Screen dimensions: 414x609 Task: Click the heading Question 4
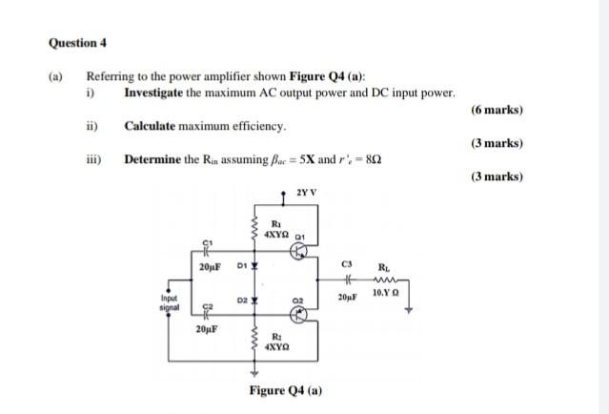tap(78, 43)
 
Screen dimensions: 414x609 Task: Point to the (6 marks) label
tap(497, 110)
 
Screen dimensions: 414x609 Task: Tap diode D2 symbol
tap(254, 299)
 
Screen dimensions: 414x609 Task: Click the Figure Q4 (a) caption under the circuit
tap(285, 390)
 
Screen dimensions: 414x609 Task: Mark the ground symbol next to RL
tap(407, 308)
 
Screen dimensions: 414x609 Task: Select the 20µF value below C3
tap(348, 299)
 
